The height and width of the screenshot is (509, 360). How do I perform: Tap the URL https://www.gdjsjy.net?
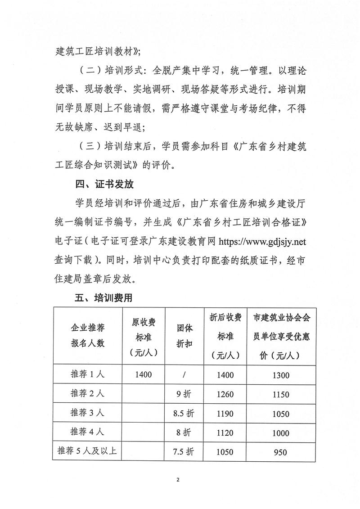pyautogui.click(x=262, y=241)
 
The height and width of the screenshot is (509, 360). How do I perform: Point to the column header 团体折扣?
pyautogui.click(x=184, y=335)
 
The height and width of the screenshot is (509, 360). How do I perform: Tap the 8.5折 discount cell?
pyautogui.click(x=184, y=413)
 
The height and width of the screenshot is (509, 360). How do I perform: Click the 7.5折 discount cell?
pyautogui.click(x=184, y=451)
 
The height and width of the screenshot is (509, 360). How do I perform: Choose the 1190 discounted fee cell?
pyautogui.click(x=225, y=413)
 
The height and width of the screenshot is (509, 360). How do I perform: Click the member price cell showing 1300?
pyautogui.click(x=280, y=375)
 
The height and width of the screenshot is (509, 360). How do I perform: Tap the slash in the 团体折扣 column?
pyautogui.click(x=184, y=374)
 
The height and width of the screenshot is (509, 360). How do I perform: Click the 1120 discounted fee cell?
pyautogui.click(x=225, y=432)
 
